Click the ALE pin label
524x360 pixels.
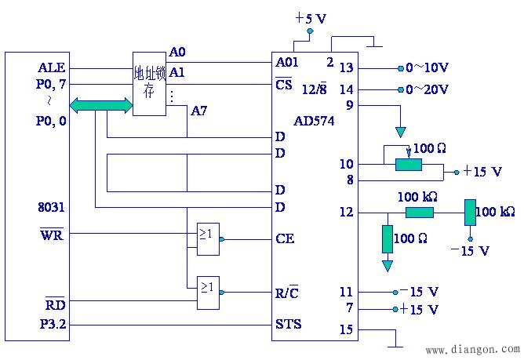click(52, 67)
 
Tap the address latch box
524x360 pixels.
click(149, 84)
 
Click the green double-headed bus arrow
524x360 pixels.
click(101, 105)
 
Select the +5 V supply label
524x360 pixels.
click(311, 18)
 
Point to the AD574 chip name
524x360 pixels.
click(314, 121)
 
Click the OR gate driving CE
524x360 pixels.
click(208, 239)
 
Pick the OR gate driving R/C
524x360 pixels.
click(208, 293)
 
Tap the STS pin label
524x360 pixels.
click(289, 324)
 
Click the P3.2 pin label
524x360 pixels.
click(53, 324)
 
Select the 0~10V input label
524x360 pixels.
click(427, 68)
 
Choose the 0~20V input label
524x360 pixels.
click(427, 89)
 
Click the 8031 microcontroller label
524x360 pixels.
click(51, 207)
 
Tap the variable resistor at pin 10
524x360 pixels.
click(409, 165)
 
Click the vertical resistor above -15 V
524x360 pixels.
click(470, 213)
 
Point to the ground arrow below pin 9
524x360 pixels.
click(400, 133)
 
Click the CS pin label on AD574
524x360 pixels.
click(284, 84)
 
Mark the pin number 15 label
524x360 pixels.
click(347, 329)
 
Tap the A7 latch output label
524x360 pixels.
click(198, 111)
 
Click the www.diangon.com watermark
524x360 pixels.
click(473, 350)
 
